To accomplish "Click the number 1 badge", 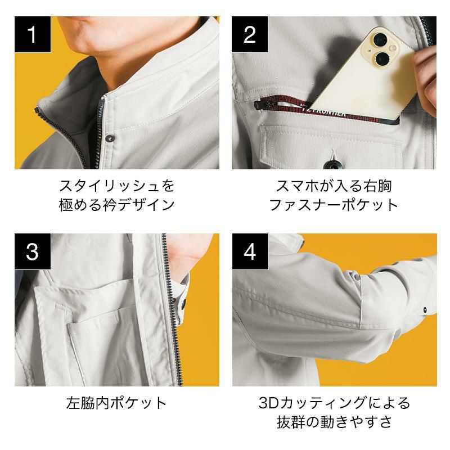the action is click(x=33, y=34).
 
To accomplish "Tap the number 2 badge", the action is click(x=250, y=34).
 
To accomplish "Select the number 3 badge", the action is click(x=33, y=251).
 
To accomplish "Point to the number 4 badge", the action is click(x=250, y=251).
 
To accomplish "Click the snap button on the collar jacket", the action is click(x=110, y=138).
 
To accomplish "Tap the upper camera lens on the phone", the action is click(x=380, y=39).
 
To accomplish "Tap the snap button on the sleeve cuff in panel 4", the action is click(x=425, y=310).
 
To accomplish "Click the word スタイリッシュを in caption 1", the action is click(x=117, y=186).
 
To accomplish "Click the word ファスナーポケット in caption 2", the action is click(x=334, y=205).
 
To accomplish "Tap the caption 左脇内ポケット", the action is click(x=116, y=403).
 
